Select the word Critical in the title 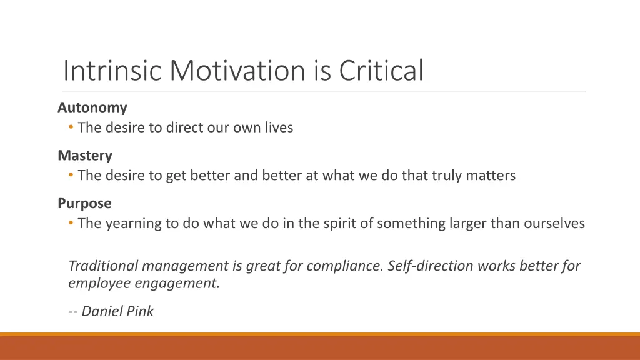coord(381,70)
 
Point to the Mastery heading coord(85,155)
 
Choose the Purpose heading coord(84,203)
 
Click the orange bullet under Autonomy coord(71,128)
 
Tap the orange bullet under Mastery coord(71,176)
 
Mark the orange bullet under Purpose coord(71,224)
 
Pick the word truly coord(449,176)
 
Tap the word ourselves coord(554,223)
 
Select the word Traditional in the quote coord(103,266)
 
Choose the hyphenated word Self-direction coord(431,266)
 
